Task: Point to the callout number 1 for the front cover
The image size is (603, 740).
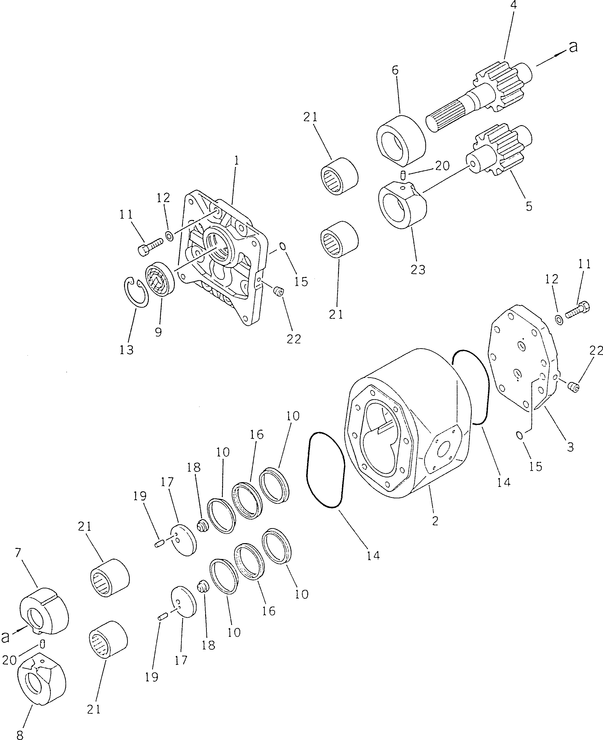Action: point(237,160)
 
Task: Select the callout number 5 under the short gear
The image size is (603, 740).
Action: point(529,206)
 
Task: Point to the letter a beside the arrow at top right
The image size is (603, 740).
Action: point(573,46)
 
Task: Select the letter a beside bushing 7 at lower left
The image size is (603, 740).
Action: point(5,637)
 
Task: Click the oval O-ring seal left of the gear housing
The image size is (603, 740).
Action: point(325,470)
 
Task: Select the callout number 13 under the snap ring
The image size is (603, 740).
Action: point(127,350)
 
